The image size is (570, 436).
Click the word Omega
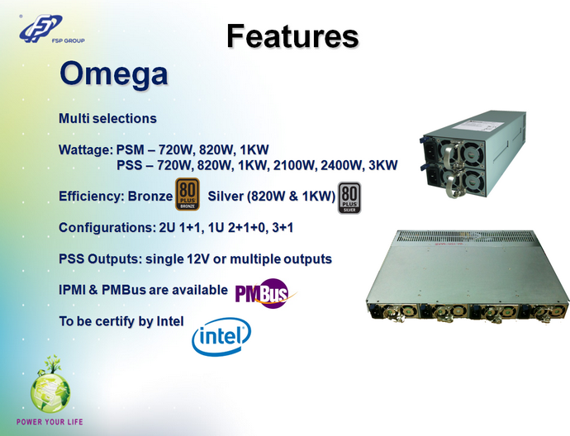pyautogui.click(x=114, y=73)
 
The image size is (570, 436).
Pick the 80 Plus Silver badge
pyautogui.click(x=349, y=198)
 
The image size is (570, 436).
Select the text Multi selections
pyautogui.click(x=107, y=119)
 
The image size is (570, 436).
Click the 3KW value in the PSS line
pyautogui.click(x=382, y=166)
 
